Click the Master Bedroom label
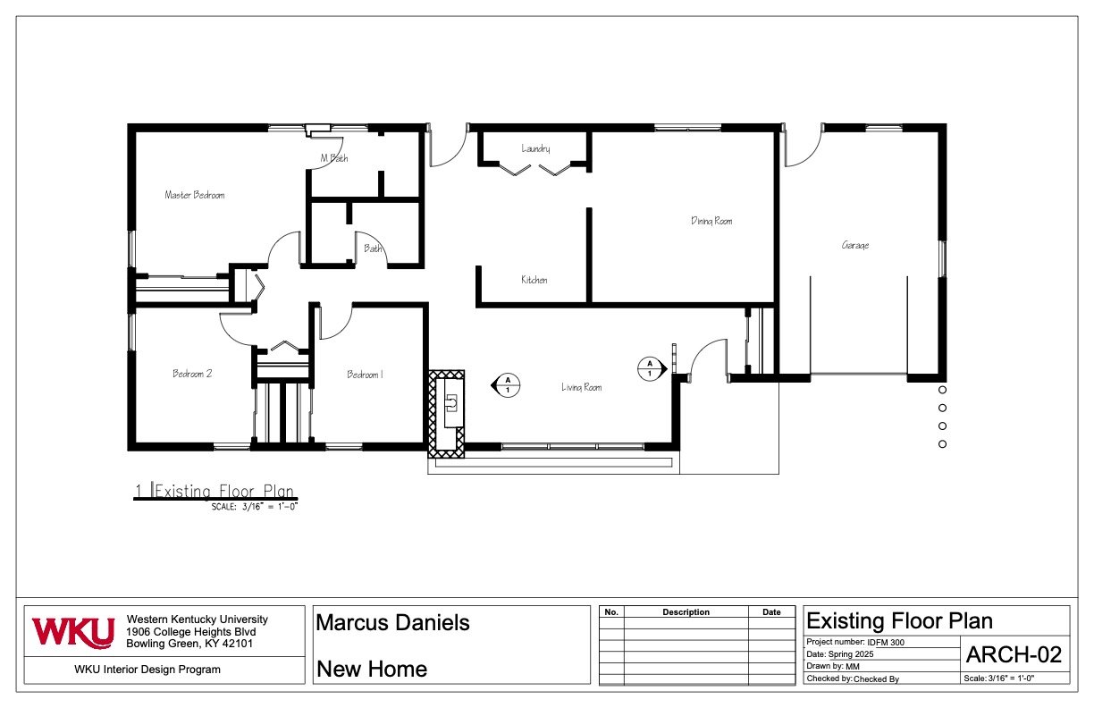click(194, 195)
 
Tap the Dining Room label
click(711, 221)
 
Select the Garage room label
click(855, 245)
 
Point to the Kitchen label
click(534, 280)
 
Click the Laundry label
click(535, 148)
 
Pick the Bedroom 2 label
click(192, 374)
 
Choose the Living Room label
click(581, 387)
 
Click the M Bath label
click(334, 158)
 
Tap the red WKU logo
click(73, 633)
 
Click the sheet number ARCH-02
click(1014, 654)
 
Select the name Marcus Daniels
click(392, 623)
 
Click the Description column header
click(686, 612)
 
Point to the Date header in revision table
click(771, 612)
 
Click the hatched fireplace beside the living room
click(446, 414)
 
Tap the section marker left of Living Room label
click(506, 385)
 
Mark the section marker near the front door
click(652, 369)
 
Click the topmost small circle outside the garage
click(943, 390)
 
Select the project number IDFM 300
click(886, 643)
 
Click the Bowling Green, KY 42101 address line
click(189, 644)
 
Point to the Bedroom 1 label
click(365, 375)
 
